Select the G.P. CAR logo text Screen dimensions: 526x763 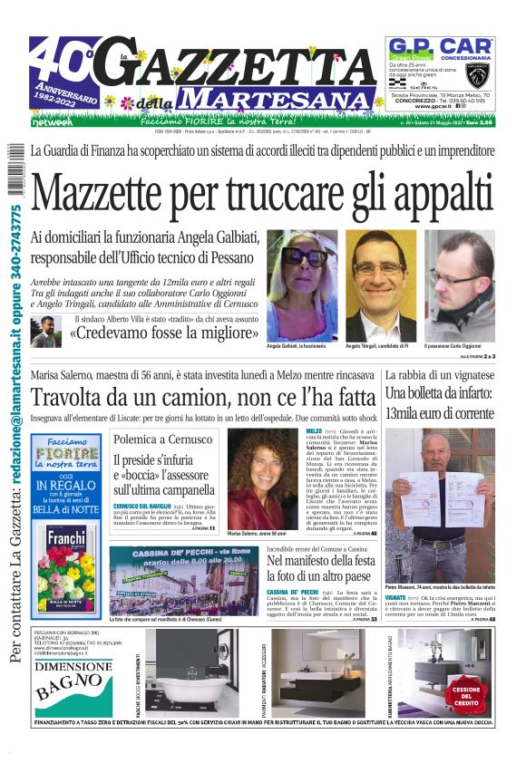[440, 45]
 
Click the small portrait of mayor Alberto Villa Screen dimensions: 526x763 [44, 331]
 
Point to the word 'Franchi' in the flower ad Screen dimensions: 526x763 [66, 536]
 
